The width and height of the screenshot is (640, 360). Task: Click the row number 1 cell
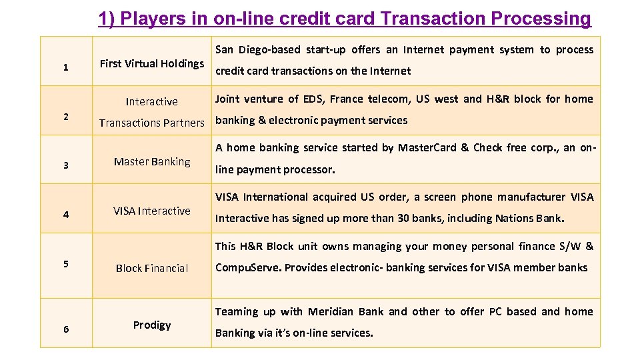coord(65,67)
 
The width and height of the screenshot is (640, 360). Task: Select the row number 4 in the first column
coord(65,215)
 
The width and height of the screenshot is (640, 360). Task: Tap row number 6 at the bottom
coord(65,329)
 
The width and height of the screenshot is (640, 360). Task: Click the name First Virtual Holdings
coord(152,63)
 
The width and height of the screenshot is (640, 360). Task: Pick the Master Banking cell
coord(152,161)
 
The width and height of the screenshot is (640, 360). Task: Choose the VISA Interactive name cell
coord(152,211)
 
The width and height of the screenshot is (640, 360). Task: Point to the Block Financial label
coord(152,268)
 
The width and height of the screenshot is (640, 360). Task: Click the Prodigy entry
coord(152,325)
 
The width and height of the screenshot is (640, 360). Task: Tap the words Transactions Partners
coord(152,123)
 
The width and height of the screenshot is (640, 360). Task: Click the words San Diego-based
coord(259,50)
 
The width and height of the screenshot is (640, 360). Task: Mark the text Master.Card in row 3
coord(427,148)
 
